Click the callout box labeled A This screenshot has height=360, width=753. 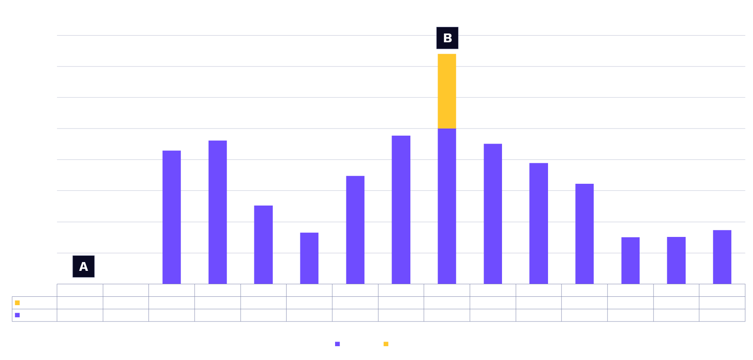[x=84, y=267]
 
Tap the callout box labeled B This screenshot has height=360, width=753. [x=447, y=38]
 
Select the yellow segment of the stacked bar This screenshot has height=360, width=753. [x=447, y=91]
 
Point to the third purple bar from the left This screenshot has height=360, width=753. [x=263, y=244]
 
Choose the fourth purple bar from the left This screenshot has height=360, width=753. [x=309, y=258]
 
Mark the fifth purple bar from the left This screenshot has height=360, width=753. [x=355, y=230]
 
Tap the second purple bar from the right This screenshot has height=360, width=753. [x=676, y=260]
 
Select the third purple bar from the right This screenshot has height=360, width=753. [x=630, y=260]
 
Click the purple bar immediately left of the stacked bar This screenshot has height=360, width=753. [x=401, y=210]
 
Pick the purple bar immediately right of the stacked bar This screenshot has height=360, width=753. [x=493, y=213]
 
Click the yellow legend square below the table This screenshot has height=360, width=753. [x=386, y=344]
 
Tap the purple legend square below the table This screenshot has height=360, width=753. [x=338, y=344]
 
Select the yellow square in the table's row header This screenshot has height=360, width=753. [x=17, y=303]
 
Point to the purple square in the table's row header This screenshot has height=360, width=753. [x=17, y=315]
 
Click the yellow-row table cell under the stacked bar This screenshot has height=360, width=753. [x=447, y=303]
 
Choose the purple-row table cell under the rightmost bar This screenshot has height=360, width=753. [x=722, y=315]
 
